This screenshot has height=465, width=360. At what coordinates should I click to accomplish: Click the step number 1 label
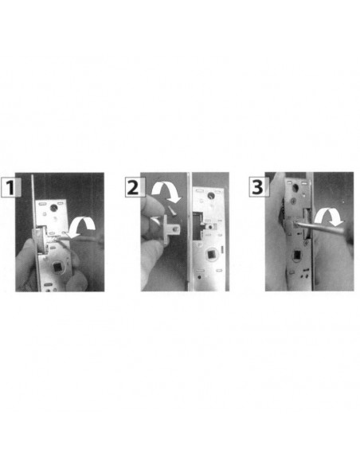coord(11,187)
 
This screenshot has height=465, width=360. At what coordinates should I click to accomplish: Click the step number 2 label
coord(135,187)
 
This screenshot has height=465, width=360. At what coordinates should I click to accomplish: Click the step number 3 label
coord(259,187)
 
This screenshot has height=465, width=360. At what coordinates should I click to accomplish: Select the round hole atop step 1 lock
coord(53,207)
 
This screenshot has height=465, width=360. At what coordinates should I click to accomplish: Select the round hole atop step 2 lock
coord(211,195)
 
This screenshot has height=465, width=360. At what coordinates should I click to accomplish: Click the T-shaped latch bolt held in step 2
coord(171,229)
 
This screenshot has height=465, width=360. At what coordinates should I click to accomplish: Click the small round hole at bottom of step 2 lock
coord(199,277)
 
